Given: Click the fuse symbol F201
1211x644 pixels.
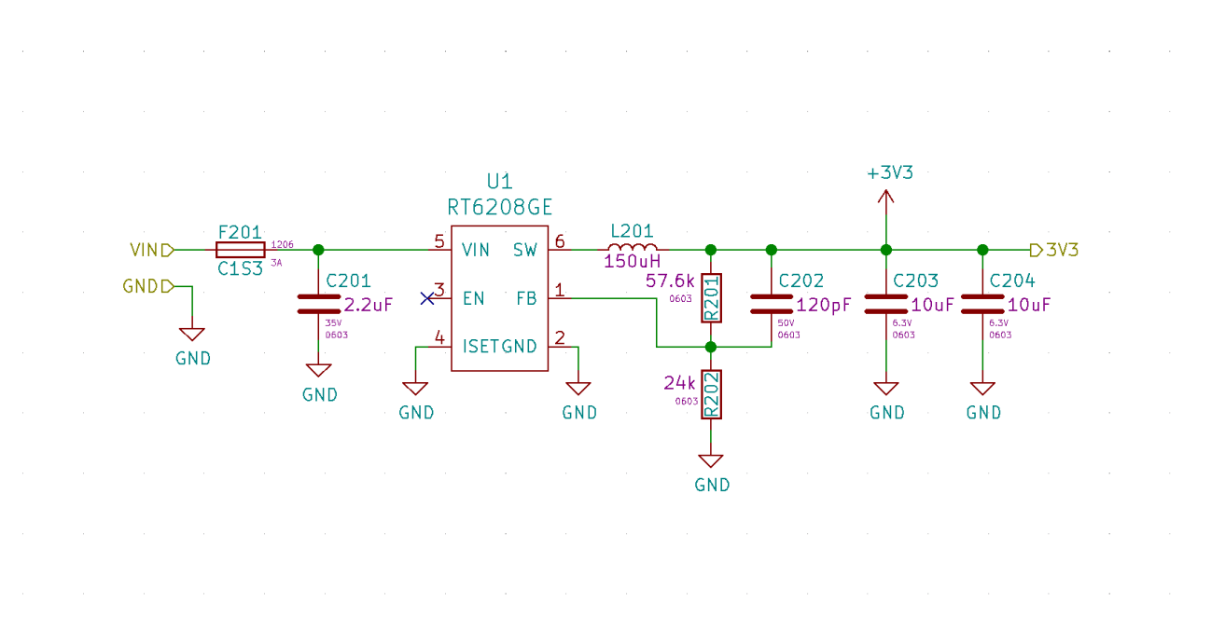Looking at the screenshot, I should tap(241, 250).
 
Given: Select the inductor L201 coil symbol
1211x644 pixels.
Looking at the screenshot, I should tap(632, 248).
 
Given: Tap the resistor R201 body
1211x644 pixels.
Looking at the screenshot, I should tap(711, 298).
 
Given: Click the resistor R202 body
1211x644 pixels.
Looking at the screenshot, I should tap(711, 394).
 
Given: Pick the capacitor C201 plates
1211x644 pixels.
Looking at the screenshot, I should tap(318, 304).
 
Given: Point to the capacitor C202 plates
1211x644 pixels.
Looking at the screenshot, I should tap(771, 304).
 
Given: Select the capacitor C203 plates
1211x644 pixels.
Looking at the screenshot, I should tap(885, 304).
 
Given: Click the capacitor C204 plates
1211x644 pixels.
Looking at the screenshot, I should tap(981, 304).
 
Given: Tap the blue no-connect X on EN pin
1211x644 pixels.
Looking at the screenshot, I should tap(427, 298).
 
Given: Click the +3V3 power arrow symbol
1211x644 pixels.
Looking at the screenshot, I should tap(885, 197).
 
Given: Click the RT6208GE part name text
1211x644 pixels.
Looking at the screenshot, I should tap(500, 205).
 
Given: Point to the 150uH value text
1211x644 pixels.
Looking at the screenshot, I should tap(632, 262).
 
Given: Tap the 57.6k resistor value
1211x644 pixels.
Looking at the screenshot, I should tap(670, 281).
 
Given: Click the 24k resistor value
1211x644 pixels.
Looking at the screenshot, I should tap(679, 383).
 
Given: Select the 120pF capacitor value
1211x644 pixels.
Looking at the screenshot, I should tap(824, 305).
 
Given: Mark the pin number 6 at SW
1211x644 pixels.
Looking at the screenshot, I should tap(560, 241).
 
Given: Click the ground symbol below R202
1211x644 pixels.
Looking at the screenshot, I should tap(711, 461).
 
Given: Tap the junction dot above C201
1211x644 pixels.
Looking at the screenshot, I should tap(318, 250).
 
